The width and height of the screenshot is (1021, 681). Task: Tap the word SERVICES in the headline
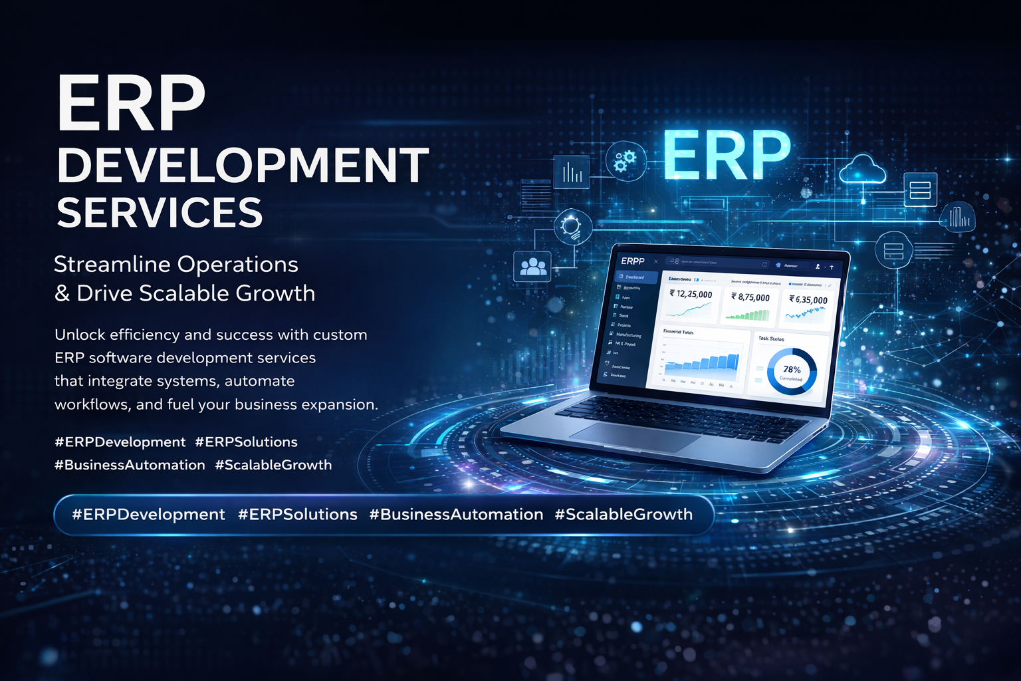tap(160, 213)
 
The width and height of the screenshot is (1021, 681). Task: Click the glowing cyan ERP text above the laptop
tap(727, 155)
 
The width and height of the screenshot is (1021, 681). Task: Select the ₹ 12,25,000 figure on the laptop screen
tap(691, 294)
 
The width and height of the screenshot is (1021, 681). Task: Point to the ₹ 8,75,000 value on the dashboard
tap(750, 297)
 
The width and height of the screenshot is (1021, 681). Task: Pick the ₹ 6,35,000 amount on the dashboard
tap(808, 300)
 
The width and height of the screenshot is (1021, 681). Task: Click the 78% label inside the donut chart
tap(792, 370)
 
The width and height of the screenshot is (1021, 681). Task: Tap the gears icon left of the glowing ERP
tap(625, 160)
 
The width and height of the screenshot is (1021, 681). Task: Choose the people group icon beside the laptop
tap(532, 267)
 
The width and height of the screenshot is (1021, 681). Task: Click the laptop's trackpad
tap(635, 436)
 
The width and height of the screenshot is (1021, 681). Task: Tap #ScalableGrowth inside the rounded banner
tap(624, 514)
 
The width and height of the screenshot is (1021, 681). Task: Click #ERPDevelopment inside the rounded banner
tap(148, 514)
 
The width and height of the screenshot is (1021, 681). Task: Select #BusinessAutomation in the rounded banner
tap(456, 514)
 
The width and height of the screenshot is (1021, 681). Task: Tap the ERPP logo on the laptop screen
tap(632, 261)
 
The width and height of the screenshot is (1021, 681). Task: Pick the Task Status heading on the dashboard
tap(771, 339)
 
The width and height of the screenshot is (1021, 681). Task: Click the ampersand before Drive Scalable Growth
tap(62, 293)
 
